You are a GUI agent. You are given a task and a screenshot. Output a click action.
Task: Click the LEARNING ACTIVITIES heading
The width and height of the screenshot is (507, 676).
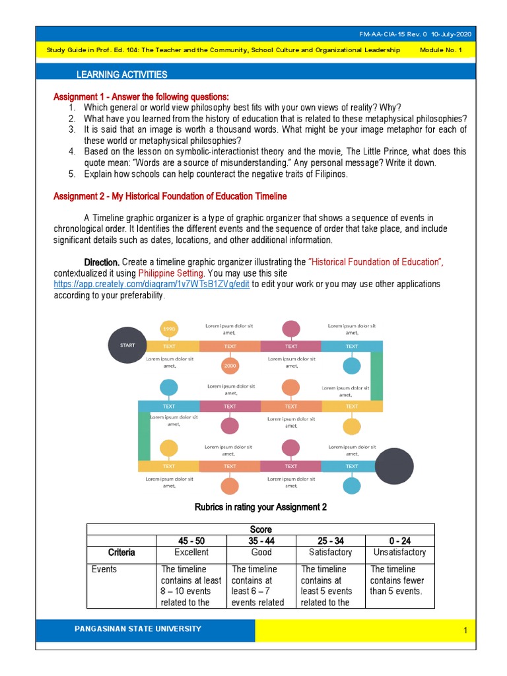121,75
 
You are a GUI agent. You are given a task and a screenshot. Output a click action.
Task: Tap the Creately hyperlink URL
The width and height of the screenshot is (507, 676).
151,284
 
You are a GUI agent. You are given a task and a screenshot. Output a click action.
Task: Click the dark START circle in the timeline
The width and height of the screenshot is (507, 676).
127,345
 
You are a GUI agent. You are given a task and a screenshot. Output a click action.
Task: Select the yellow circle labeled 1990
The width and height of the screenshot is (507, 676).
168,329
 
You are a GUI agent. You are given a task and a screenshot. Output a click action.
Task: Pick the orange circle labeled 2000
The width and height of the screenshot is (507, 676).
230,365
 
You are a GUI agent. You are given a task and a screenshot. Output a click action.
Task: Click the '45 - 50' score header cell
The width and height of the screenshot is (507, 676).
191,541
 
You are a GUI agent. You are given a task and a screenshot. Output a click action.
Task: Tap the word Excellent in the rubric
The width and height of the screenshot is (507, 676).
191,553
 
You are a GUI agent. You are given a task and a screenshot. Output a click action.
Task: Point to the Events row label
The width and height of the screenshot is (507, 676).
104,569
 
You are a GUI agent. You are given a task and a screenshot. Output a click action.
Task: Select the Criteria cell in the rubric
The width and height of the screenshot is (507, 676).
121,553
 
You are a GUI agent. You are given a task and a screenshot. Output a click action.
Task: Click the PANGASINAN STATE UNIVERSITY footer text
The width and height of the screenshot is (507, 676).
138,629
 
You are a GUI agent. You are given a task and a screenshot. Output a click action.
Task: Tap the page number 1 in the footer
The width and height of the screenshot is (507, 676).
465,631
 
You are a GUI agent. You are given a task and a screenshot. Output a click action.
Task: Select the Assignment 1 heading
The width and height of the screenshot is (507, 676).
141,97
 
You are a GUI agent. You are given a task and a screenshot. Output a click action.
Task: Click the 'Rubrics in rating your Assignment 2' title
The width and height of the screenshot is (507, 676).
260,507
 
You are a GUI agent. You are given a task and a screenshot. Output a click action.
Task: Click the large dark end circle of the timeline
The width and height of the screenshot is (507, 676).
395,465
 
